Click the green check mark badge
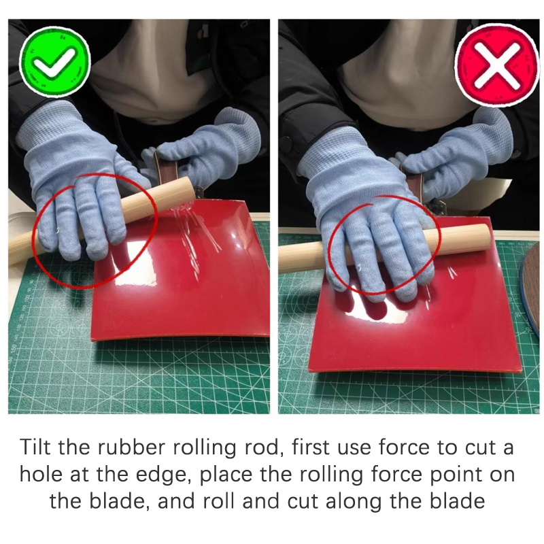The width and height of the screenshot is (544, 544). click(55, 61)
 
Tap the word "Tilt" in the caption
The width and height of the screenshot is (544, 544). click(36, 447)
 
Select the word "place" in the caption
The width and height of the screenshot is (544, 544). click(225, 475)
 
